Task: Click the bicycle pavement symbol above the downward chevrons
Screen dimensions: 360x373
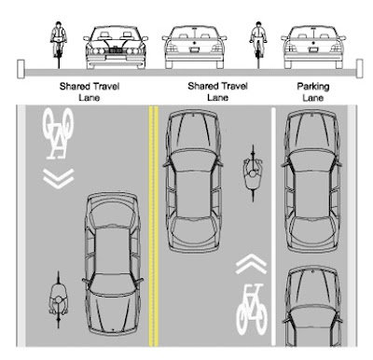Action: [57, 135]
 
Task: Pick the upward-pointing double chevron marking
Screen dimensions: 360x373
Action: [251, 265]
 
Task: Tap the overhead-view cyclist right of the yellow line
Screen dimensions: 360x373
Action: [251, 172]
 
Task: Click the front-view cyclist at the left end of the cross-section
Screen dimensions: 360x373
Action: [57, 42]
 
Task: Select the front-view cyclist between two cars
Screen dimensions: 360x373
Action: [256, 42]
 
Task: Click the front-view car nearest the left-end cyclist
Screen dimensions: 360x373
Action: [117, 47]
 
